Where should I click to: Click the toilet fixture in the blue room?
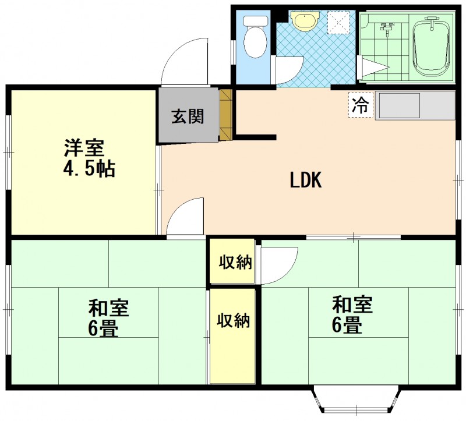(x=255, y=37)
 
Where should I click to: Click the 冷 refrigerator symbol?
(x=361, y=105)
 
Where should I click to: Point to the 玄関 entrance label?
(x=188, y=116)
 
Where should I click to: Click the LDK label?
(x=306, y=180)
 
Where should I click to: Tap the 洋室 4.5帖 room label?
(x=89, y=158)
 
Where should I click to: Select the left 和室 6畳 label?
(x=108, y=318)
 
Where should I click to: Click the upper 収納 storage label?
(x=235, y=262)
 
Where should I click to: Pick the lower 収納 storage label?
(x=233, y=321)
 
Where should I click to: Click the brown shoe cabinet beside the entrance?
(x=225, y=114)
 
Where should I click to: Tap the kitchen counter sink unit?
(x=415, y=105)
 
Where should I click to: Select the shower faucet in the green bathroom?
(x=386, y=29)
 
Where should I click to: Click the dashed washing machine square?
(x=339, y=22)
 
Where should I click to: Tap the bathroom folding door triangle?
(x=373, y=68)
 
